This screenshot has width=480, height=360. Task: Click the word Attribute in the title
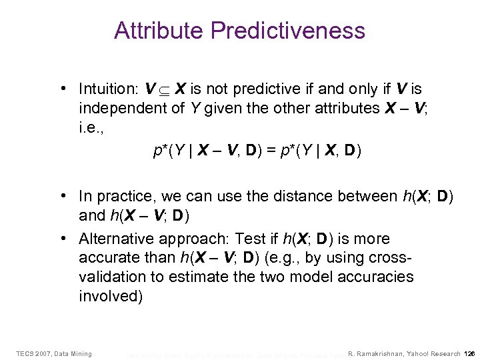159,31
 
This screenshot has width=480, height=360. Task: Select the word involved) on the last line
111,295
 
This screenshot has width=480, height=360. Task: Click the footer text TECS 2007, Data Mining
54,353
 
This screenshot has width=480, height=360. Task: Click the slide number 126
470,353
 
